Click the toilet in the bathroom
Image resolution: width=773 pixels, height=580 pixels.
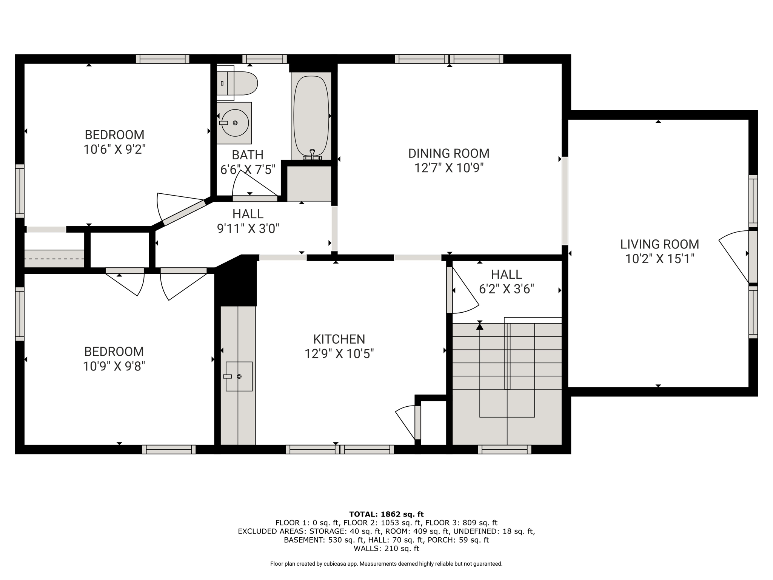pyautogui.click(x=237, y=83)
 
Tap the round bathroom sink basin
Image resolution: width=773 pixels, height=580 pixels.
pyautogui.click(x=235, y=123)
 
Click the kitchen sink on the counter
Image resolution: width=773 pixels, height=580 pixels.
pyautogui.click(x=239, y=376)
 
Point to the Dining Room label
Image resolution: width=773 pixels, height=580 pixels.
pyautogui.click(x=449, y=153)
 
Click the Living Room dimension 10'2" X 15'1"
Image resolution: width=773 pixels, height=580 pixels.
pyautogui.click(x=660, y=259)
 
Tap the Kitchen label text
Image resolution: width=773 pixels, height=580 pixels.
pyautogui.click(x=339, y=339)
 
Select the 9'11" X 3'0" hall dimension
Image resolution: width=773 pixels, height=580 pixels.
pyautogui.click(x=248, y=229)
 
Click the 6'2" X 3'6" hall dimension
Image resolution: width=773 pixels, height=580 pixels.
pyautogui.click(x=507, y=289)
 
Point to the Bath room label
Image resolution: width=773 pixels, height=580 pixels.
pyautogui.click(x=248, y=155)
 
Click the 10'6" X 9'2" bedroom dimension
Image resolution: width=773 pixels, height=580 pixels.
pyautogui.click(x=114, y=150)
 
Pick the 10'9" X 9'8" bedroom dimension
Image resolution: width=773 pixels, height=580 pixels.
pyautogui.click(x=114, y=366)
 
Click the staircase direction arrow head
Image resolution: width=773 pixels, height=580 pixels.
pyautogui.click(x=480, y=327)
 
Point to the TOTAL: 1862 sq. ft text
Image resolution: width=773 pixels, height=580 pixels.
pyautogui.click(x=386, y=514)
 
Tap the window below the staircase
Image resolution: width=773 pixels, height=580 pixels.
pyautogui.click(x=505, y=449)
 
